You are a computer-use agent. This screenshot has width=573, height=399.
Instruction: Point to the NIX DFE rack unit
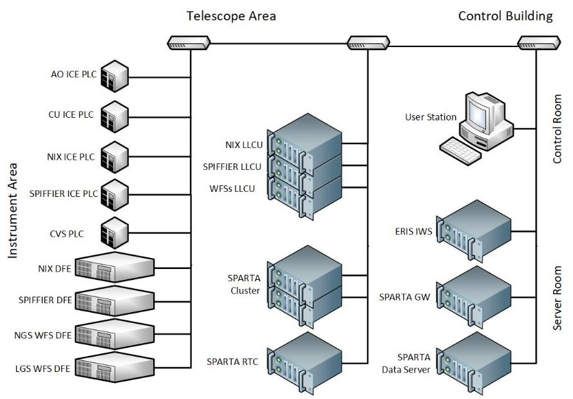click(115, 268)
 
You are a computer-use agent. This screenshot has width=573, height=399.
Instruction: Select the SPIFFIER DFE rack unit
click(115, 301)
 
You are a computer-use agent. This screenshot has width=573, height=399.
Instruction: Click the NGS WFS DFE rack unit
click(115, 333)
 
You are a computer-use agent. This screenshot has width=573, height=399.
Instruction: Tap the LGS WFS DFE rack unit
click(115, 366)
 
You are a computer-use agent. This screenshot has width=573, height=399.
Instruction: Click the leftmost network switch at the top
click(189, 43)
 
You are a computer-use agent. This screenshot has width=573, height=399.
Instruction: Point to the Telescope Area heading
click(231, 15)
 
